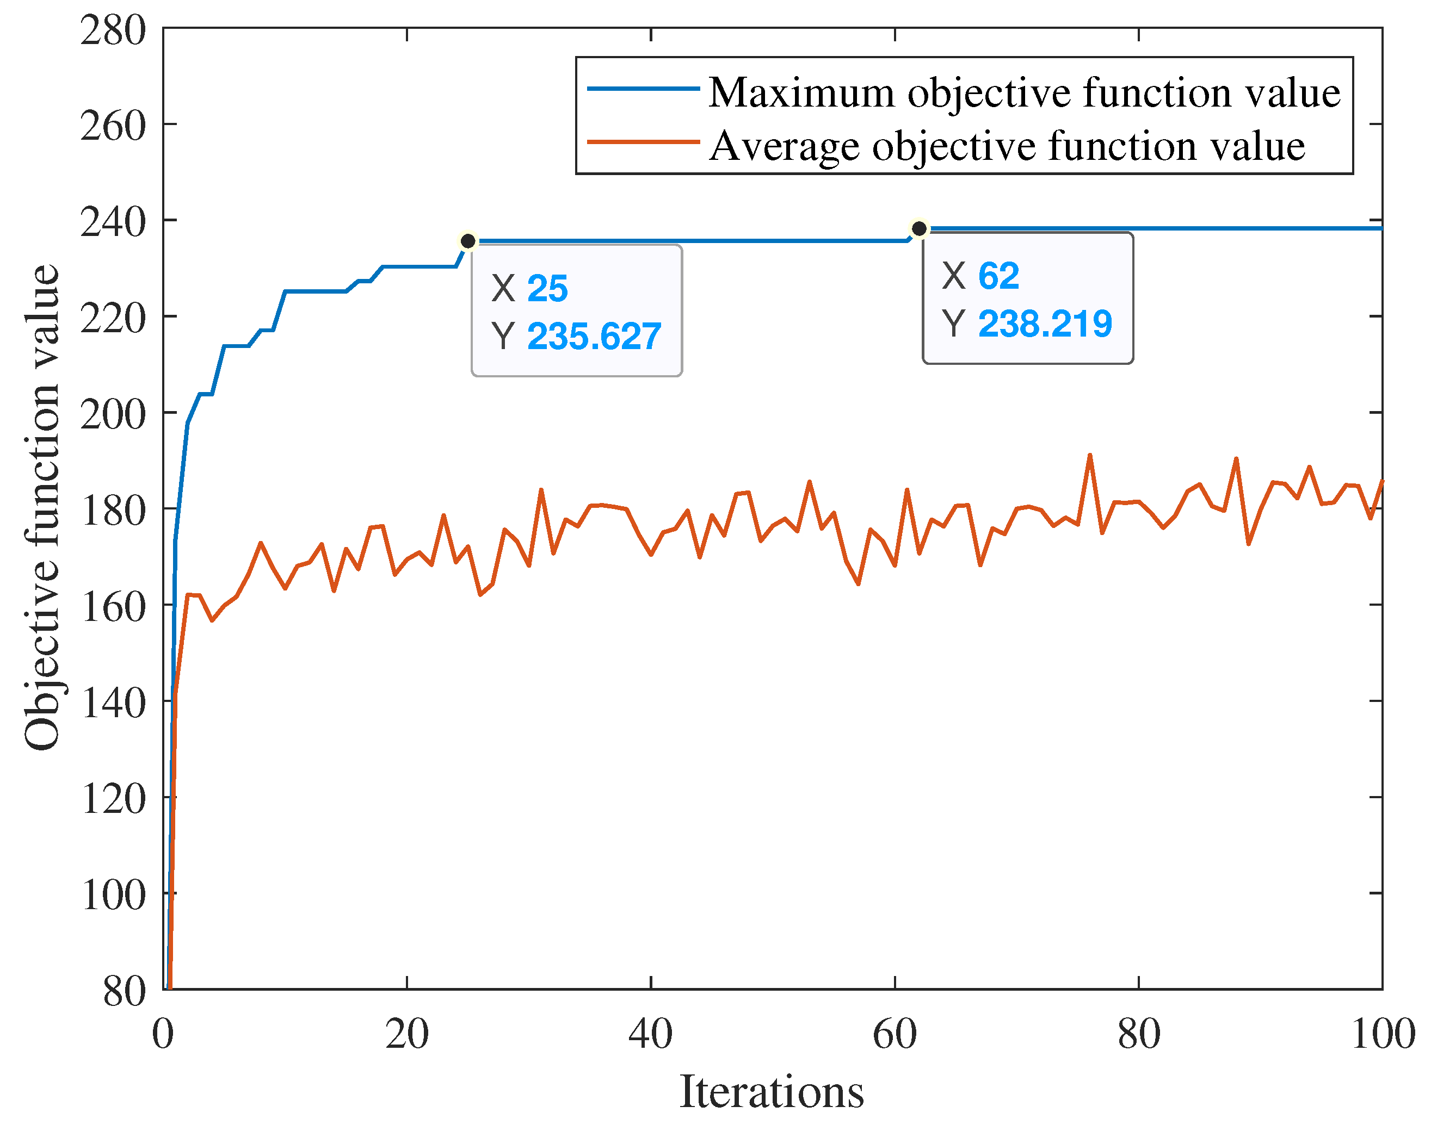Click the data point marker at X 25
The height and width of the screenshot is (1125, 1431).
click(x=468, y=241)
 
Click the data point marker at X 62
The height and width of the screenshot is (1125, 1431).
click(x=919, y=228)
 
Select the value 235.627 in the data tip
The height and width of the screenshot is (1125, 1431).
click(x=594, y=336)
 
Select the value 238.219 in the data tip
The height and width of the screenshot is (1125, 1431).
click(x=1045, y=324)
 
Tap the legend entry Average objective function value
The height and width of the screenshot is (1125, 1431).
click(x=1007, y=146)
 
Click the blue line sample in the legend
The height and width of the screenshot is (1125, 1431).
click(x=643, y=88)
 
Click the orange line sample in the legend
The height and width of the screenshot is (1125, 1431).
click(x=643, y=141)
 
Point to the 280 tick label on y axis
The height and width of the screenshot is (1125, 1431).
click(x=113, y=30)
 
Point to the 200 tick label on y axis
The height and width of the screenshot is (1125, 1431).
click(x=113, y=414)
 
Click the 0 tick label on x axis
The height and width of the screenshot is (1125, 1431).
click(x=163, y=1034)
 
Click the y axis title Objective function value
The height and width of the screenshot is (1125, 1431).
click(x=41, y=507)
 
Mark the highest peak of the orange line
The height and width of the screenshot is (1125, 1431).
click(x=1089, y=455)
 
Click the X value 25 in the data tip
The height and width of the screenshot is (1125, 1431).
click(x=547, y=289)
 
